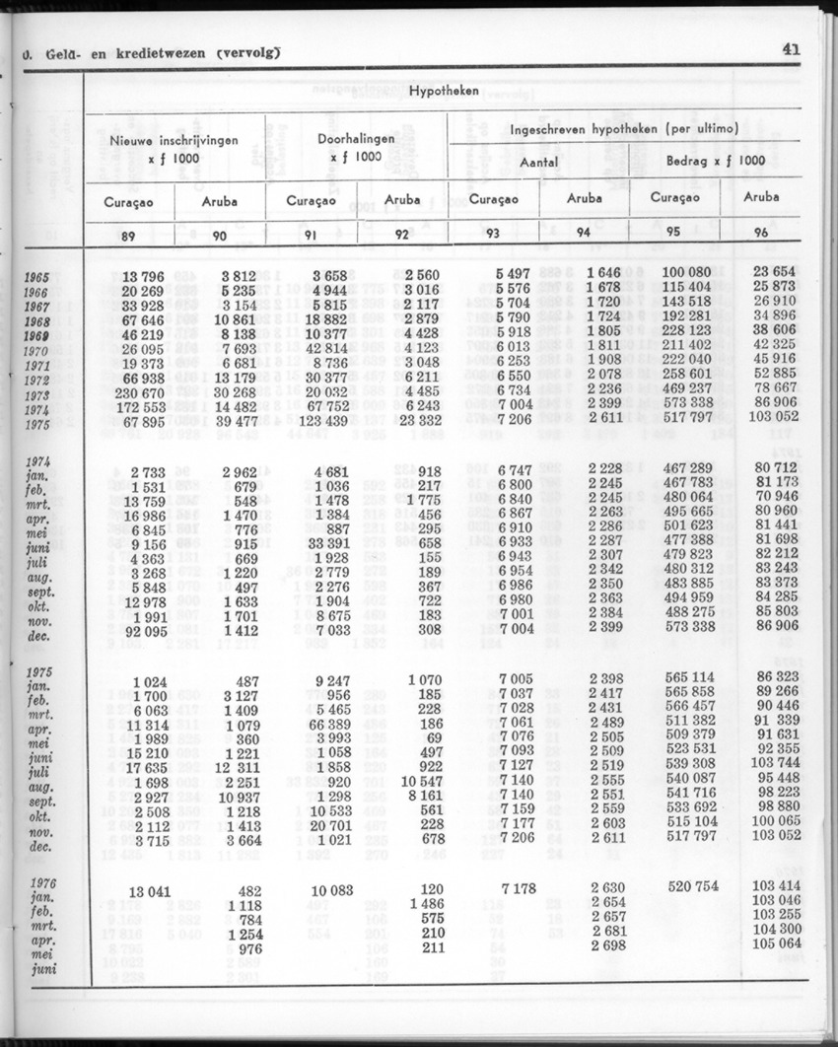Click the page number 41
point(791,48)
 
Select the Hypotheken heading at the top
point(446,91)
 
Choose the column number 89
point(128,234)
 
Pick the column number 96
point(760,234)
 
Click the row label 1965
point(35,277)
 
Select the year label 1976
point(40,882)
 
